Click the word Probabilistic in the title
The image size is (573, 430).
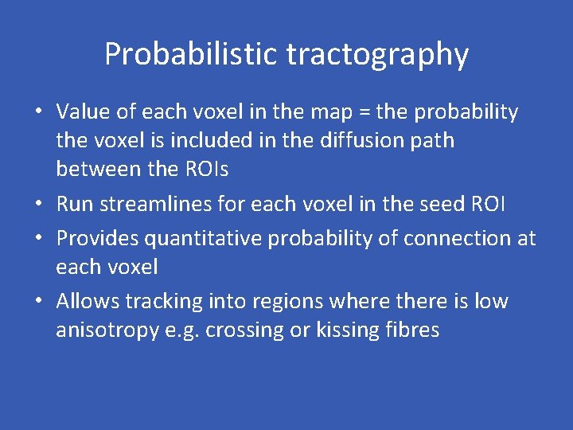tap(192, 55)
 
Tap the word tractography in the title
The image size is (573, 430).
tap(377, 55)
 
